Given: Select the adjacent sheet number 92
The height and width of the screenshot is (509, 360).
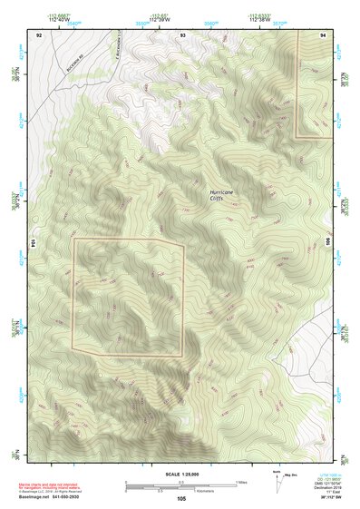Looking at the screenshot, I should pyautogui.click(x=39, y=33).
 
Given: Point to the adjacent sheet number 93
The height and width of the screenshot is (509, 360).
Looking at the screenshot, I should pyautogui.click(x=182, y=33).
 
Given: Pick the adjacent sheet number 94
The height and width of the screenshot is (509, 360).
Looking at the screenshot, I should pyautogui.click(x=324, y=33).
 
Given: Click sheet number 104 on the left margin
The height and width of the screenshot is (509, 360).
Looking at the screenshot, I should pyautogui.click(x=32, y=243).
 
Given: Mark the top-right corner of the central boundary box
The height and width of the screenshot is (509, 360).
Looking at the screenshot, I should pyautogui.click(x=184, y=240).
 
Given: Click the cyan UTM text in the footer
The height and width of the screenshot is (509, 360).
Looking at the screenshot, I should pyautogui.click(x=319, y=475).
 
